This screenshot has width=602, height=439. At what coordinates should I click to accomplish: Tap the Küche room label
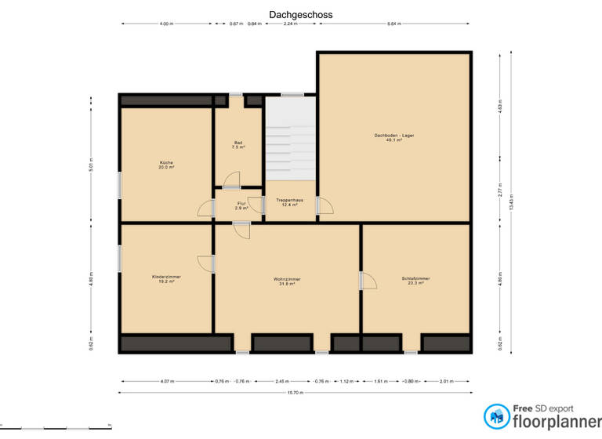point(166,165)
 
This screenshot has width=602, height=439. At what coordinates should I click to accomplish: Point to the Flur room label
point(241,205)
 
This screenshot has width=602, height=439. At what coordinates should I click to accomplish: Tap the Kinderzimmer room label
point(166,278)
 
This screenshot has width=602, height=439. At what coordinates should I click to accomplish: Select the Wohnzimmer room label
point(287,281)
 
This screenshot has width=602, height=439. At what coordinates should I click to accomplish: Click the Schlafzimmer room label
point(415,281)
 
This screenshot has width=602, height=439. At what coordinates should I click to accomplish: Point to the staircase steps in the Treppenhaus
point(289,149)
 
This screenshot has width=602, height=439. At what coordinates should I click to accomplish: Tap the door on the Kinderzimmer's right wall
point(206,265)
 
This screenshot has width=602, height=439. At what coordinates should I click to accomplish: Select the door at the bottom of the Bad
point(232,182)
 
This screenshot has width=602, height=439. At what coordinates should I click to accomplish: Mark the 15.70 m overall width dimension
point(296,392)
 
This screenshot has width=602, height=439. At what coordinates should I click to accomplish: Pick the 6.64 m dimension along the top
point(393,24)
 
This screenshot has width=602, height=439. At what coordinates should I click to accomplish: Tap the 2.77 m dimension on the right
point(499,192)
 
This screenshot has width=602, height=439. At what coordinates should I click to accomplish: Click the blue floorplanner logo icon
point(495,415)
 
